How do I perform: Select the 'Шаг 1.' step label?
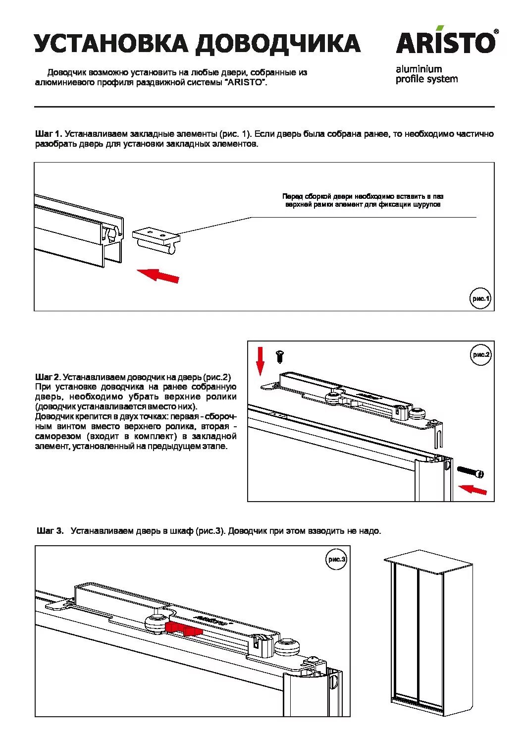tap(48, 134)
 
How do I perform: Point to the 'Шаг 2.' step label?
tap(48, 377)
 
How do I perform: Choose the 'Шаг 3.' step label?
tap(50, 531)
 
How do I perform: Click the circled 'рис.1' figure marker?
tap(480, 298)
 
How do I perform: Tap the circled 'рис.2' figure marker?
tap(481, 354)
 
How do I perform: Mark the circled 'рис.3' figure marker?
tap(336, 559)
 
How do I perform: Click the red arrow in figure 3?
tap(184, 629)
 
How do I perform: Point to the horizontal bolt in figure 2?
tap(471, 472)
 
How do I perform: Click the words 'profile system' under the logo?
tap(426, 79)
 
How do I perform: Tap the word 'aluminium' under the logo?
tap(419, 69)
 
